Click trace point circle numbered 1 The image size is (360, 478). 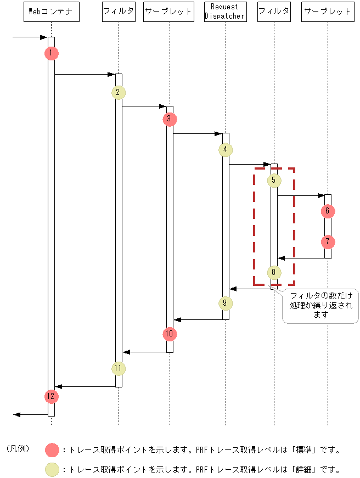pyautogui.click(x=50, y=53)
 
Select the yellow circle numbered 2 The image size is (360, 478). pyautogui.click(x=118, y=92)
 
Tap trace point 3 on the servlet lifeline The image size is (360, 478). pyautogui.click(x=170, y=119)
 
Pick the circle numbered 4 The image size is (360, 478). pyautogui.click(x=225, y=149)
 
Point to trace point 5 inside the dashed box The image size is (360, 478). pyautogui.click(x=273, y=180)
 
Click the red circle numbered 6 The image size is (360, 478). pyautogui.click(x=328, y=211)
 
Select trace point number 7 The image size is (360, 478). pyautogui.click(x=328, y=241)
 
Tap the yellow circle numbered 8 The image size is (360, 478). pyautogui.click(x=273, y=272)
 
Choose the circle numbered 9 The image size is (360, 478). pyautogui.click(x=225, y=303)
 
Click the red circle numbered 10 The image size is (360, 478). pyautogui.click(x=170, y=334)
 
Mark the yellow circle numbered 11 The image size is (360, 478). pyautogui.click(x=118, y=368)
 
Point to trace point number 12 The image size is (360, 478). pyautogui.click(x=50, y=396)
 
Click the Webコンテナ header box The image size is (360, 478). pyautogui.click(x=51, y=12)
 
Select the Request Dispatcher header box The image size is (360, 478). pyautogui.click(x=225, y=12)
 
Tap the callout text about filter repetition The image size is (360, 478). pyautogui.click(x=321, y=305)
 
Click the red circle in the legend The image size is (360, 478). pyautogui.click(x=53, y=450)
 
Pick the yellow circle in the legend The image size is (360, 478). pyautogui.click(x=53, y=469)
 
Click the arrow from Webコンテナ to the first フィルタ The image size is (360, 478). pyautogui.click(x=85, y=74)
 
